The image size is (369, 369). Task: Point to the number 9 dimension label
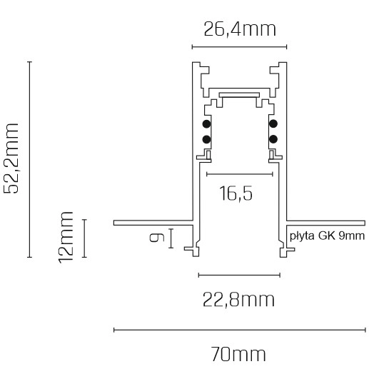click(158, 237)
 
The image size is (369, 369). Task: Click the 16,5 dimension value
click(236, 193)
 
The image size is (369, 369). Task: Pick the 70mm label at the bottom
click(239, 354)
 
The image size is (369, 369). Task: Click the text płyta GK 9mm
click(327, 235)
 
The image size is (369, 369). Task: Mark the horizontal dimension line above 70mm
click(239, 330)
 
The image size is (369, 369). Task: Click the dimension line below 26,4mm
click(239, 47)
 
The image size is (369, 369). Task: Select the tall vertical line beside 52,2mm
click(29, 159)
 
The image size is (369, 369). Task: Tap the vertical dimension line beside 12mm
click(85, 238)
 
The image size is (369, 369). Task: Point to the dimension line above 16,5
click(239, 173)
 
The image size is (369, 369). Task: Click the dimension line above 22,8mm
click(239, 274)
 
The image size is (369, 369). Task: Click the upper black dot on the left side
click(206, 124)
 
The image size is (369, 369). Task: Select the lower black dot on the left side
click(206, 138)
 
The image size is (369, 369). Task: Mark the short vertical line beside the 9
click(172, 238)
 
